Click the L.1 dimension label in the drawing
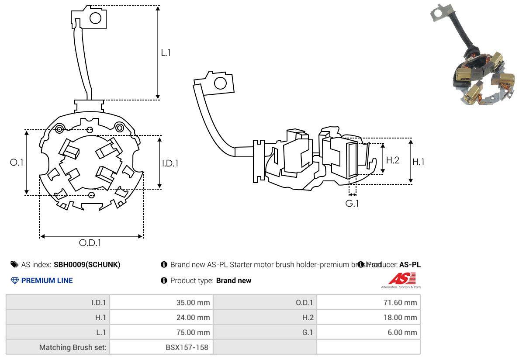pos(166,53)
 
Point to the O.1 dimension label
pos(16,162)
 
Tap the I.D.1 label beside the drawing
pos(170,163)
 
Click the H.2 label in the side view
pos(392,160)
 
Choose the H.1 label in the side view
pos(419,162)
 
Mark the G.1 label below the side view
pos(352,203)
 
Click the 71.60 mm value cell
pos(399,302)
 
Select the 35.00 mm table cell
pos(192,302)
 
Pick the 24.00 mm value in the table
pos(192,318)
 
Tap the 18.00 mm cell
pos(399,318)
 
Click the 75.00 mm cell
pos(192,332)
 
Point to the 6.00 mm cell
pos(401,332)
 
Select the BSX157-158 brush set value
pos(187,347)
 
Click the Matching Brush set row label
pos(73,347)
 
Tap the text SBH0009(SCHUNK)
pos(87,264)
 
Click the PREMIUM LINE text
pos(47,280)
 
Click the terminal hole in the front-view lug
pos(95,18)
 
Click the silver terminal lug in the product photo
pos(441,12)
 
